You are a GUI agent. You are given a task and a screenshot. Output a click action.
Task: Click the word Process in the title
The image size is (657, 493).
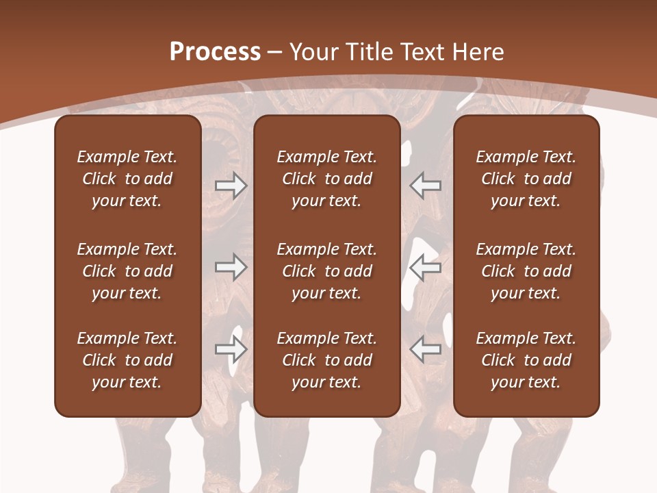pos(215,52)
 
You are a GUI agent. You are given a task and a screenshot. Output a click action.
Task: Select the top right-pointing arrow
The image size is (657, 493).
pos(231,186)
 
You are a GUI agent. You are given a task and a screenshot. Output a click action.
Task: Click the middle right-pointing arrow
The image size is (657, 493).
pos(231,267)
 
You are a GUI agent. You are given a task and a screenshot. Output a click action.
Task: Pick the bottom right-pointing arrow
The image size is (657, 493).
pos(231,349)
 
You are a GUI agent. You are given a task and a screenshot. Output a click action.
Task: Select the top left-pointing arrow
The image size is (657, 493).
pos(425,186)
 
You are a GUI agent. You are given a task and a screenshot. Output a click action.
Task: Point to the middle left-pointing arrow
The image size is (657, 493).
pos(425,267)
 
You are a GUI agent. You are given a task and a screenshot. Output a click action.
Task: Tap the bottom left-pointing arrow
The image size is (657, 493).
pos(425,349)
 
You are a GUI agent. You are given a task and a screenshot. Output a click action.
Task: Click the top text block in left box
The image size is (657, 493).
pos(127,179)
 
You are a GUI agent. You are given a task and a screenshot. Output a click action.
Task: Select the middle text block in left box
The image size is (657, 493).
pos(127,271)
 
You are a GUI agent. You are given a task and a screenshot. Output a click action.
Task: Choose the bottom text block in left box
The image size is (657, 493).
pos(127,360)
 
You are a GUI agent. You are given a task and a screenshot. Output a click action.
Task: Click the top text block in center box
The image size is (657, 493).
pos(326,179)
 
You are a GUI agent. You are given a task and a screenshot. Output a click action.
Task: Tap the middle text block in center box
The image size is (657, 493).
pos(326,271)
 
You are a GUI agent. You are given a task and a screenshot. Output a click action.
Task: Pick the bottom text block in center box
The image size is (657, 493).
pos(326,360)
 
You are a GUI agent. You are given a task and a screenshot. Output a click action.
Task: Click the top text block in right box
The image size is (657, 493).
pos(526,179)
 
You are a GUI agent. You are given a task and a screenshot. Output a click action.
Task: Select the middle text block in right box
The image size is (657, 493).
pos(526,271)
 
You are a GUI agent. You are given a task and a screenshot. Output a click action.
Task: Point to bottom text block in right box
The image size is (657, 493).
pos(526,360)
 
